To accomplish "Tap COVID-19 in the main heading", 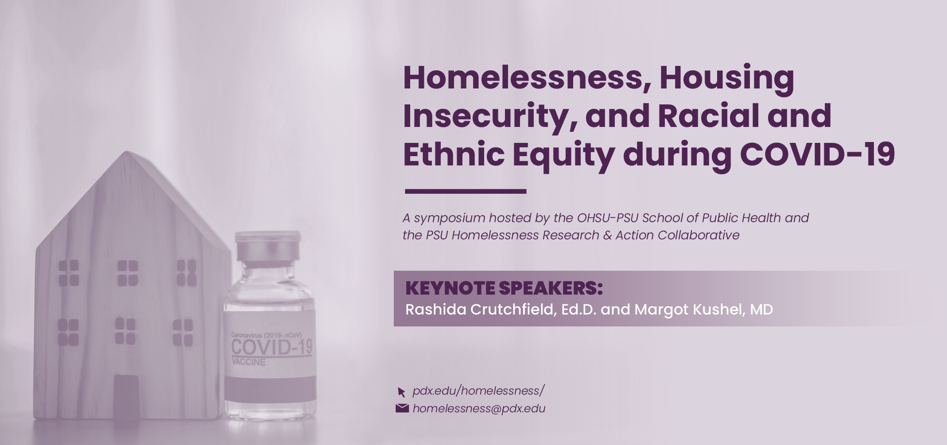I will point(817,154).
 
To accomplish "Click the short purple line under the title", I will point(465,192).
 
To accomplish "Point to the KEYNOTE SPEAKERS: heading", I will point(504,288).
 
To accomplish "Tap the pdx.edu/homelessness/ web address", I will point(478,391).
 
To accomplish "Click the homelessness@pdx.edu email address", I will point(478,408).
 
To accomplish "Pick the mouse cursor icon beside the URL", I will point(401,392).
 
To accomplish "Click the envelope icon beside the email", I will point(402,408).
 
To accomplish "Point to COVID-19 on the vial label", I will point(272,347).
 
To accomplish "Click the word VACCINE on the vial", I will point(248,362).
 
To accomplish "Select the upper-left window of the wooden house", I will point(69,272).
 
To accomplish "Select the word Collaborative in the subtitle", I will point(699,235).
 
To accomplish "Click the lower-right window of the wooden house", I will point(182,333).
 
